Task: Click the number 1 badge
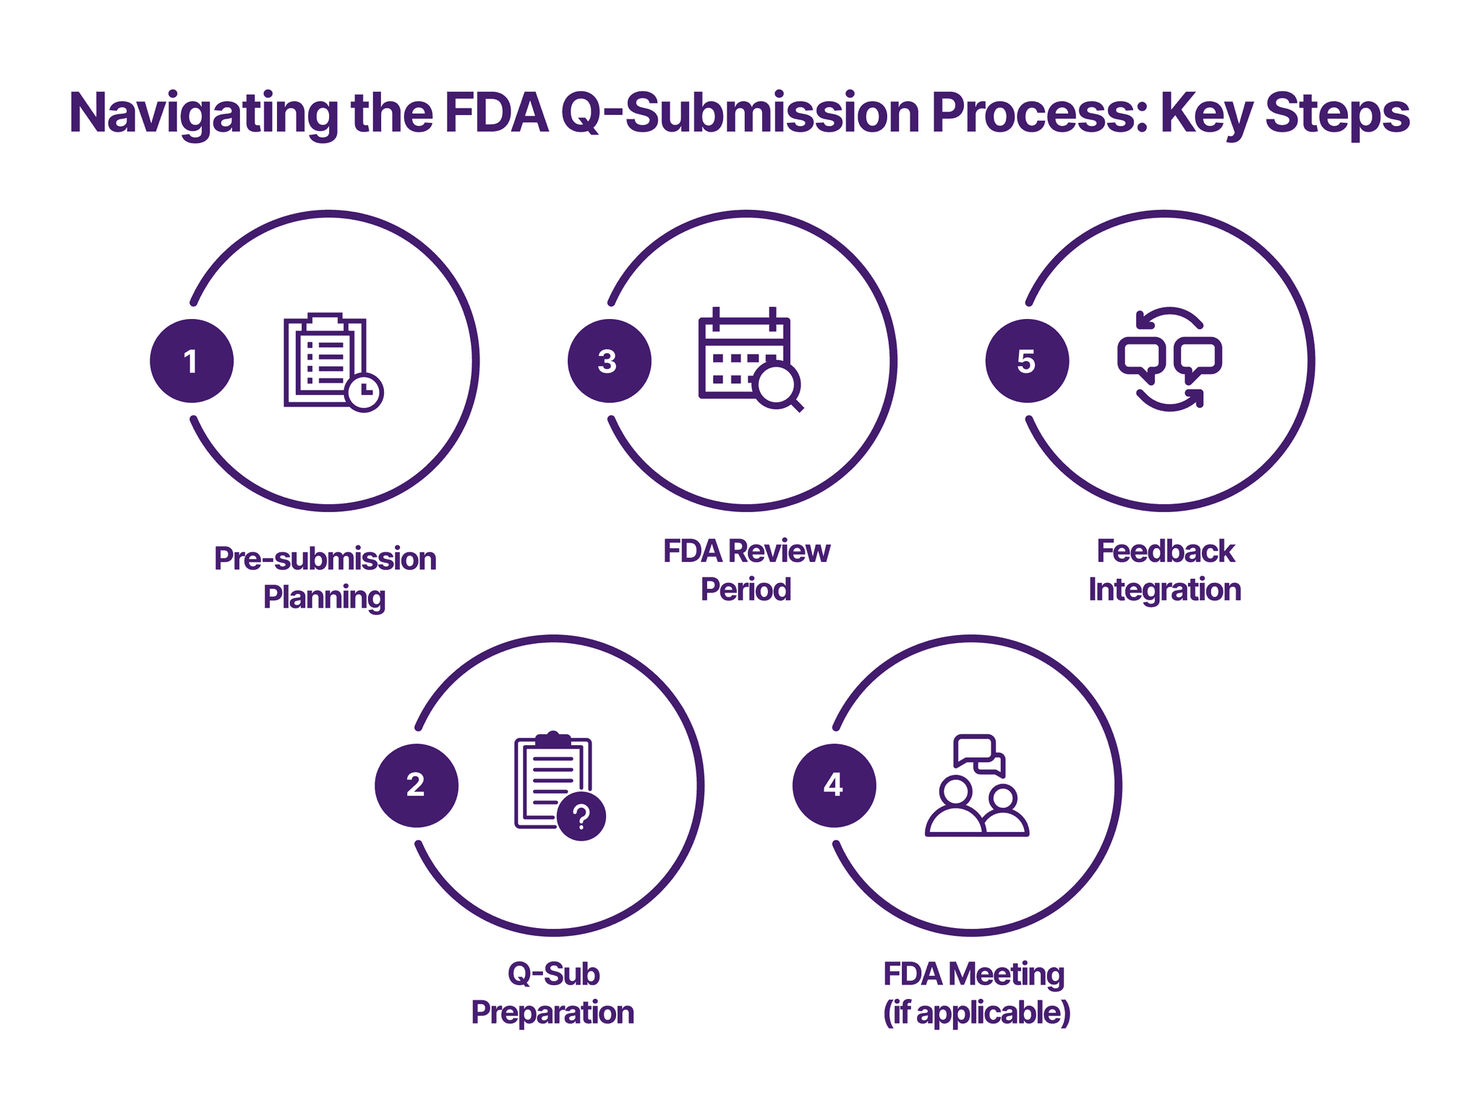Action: [192, 361]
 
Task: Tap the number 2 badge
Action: [417, 786]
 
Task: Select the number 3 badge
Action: [609, 361]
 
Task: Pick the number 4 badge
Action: [834, 786]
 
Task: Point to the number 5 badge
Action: [1027, 361]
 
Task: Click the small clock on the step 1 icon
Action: [364, 393]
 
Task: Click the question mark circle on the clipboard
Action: [581, 817]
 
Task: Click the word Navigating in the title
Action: [203, 114]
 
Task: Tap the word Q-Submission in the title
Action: [740, 114]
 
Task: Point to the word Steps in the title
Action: [1337, 114]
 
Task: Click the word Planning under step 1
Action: [324, 597]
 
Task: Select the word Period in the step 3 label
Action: [746, 590]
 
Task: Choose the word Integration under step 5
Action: [1164, 590]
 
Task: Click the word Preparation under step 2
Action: [552, 1013]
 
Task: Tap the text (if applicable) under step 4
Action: [976, 1013]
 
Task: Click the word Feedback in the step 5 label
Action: [1165, 551]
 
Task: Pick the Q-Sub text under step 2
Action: [553, 974]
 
